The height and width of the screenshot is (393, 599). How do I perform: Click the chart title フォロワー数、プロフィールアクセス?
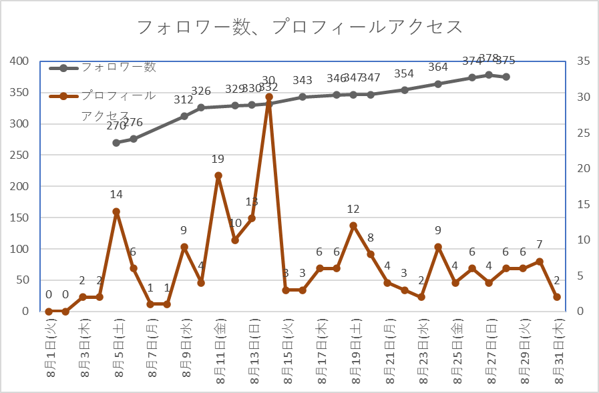[x=299, y=27]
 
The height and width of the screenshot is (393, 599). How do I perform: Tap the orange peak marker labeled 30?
[x=268, y=97]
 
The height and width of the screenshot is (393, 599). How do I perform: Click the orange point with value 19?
[x=218, y=175]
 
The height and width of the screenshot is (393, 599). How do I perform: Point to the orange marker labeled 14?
[x=116, y=212]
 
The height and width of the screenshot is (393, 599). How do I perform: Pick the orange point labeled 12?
[x=353, y=226]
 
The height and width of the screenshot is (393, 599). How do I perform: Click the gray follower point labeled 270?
[x=116, y=142]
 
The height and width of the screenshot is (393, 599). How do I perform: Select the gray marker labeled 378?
[x=489, y=75]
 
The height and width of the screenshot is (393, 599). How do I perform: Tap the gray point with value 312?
[x=184, y=116]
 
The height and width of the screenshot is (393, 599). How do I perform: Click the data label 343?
[x=303, y=81]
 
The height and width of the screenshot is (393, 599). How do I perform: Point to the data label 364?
[x=438, y=67]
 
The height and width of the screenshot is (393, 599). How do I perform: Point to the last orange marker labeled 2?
[x=557, y=297]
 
